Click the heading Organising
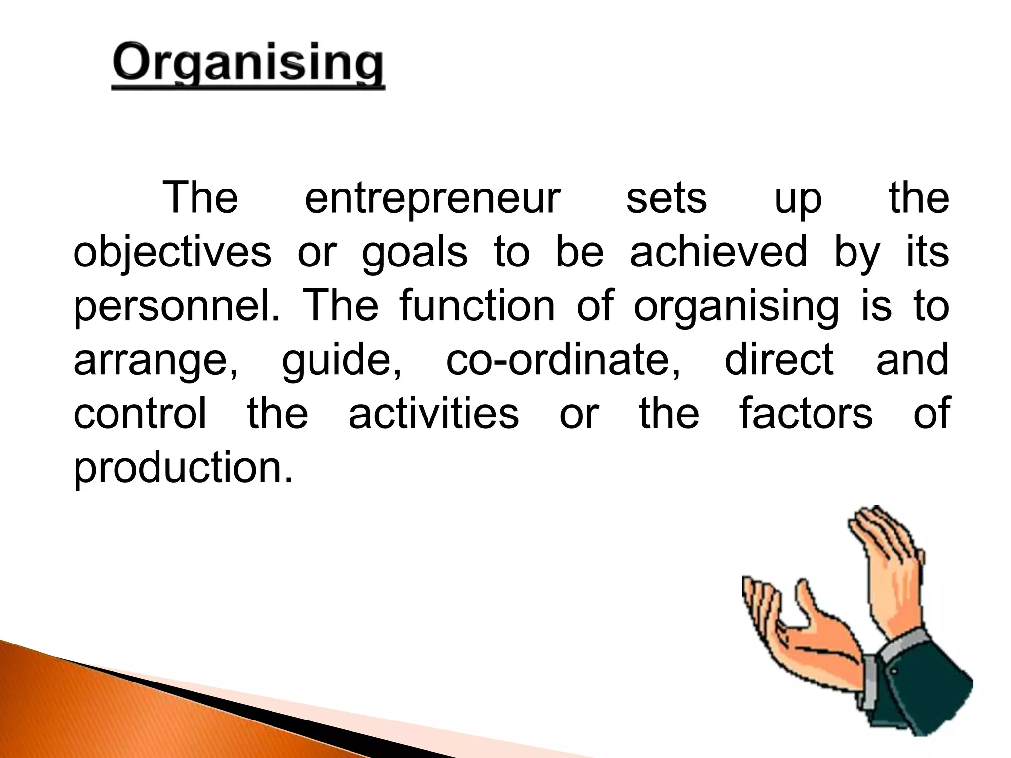(248, 66)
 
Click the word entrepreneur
(432, 198)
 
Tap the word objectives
(172, 252)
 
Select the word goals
(415, 252)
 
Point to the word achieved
(719, 252)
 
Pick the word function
(477, 306)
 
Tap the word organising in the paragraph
(737, 306)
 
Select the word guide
(342, 360)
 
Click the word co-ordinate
(563, 360)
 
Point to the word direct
(779, 360)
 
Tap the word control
(140, 414)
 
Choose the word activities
(434, 414)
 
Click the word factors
(806, 414)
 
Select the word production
(183, 467)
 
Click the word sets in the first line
(666, 198)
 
